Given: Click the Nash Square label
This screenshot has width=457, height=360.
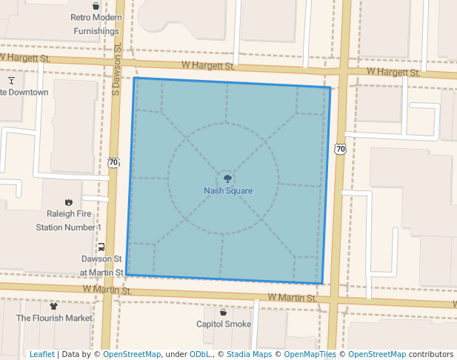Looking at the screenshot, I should (x=228, y=191).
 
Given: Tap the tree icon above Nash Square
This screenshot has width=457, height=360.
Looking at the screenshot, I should (x=228, y=179).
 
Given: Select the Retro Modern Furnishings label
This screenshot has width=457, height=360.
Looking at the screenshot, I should (x=96, y=24).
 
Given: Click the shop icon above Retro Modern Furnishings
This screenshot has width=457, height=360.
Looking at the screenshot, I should (x=96, y=6).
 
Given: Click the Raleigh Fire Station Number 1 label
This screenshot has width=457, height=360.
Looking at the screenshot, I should (x=67, y=220).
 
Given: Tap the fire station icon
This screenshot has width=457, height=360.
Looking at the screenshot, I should (x=69, y=201).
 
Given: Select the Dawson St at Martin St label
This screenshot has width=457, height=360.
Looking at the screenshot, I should (x=101, y=266).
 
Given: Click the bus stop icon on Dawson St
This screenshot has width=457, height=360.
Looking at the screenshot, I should (x=101, y=247).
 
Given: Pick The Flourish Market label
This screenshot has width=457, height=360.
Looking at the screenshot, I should (x=55, y=318).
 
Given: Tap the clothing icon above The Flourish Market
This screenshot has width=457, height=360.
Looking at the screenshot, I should (x=53, y=305).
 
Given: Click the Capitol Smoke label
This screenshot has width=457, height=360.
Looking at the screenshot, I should (x=224, y=324).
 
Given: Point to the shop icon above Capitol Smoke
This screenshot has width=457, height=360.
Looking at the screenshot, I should (x=223, y=312).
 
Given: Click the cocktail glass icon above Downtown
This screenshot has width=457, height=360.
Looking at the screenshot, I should (x=12, y=79).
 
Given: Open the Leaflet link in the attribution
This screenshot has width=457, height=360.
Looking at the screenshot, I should (x=41, y=354).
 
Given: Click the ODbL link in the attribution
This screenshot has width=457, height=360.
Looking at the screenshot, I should (x=199, y=354).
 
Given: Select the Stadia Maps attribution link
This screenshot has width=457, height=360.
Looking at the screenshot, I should (x=249, y=354).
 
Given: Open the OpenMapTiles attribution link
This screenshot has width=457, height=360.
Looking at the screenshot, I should (x=307, y=354).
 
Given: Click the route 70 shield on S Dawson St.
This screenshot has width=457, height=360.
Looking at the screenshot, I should (x=113, y=161).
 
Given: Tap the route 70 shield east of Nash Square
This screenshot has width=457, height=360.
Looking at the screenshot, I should (x=340, y=149).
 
